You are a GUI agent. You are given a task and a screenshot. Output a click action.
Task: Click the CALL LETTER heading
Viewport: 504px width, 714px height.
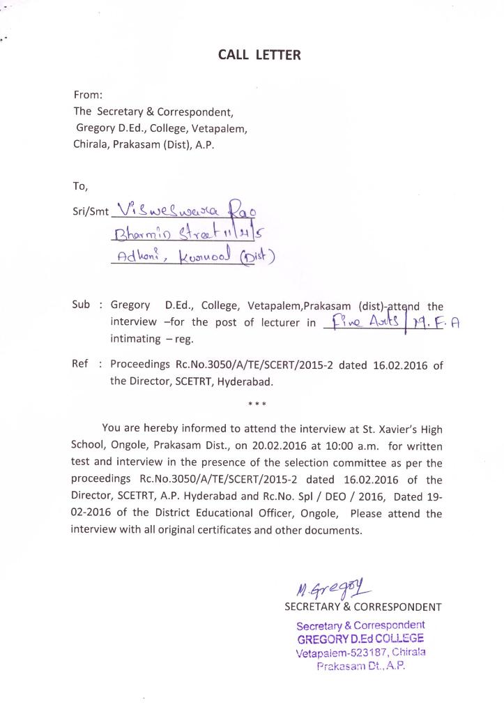pyautogui.click(x=259, y=56)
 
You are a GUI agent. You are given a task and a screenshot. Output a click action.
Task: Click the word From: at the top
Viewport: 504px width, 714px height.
pyautogui.click(x=89, y=95)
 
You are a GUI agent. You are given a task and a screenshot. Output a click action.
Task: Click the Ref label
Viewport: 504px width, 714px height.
pyautogui.click(x=81, y=364)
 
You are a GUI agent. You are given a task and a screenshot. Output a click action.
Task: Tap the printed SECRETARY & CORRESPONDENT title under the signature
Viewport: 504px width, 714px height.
pyautogui.click(x=362, y=607)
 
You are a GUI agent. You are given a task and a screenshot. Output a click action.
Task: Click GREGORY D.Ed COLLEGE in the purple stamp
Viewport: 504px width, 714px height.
pyautogui.click(x=360, y=639)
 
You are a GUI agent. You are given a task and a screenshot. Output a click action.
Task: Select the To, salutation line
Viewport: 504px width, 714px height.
pyautogui.click(x=81, y=186)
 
